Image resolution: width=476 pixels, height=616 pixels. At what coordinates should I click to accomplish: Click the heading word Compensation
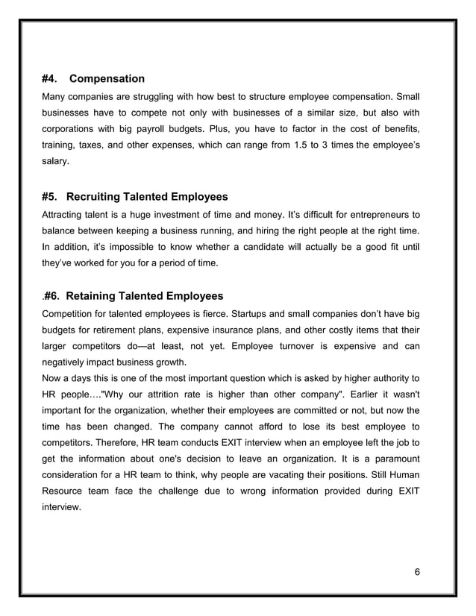click(107, 78)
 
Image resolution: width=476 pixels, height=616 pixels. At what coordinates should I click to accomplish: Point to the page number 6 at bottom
click(417, 571)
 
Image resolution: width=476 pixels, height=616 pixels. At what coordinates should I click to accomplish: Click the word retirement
click(125, 330)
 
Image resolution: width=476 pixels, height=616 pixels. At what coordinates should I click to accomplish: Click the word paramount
click(391, 460)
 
